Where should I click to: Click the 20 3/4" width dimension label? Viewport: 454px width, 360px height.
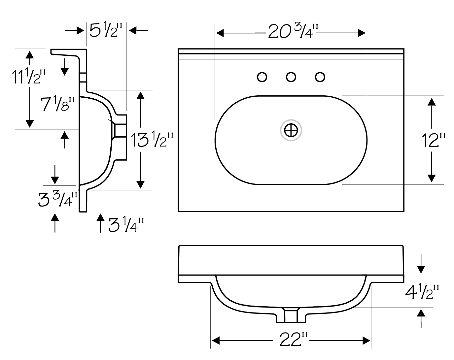click(x=293, y=31)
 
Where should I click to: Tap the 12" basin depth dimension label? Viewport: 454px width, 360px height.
click(x=434, y=140)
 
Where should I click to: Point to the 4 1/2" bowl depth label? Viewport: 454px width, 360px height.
click(x=422, y=292)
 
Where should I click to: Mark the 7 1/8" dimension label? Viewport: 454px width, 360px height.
click(x=58, y=104)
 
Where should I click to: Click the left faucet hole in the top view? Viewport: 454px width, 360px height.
click(x=262, y=77)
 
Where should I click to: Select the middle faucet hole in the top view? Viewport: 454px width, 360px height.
click(x=291, y=77)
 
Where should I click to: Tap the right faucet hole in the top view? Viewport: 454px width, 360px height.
click(x=320, y=77)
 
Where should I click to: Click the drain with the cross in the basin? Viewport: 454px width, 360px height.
click(x=291, y=130)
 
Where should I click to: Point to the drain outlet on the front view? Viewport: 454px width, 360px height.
click(x=291, y=315)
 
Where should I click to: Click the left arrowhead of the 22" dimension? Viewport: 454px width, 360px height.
click(x=216, y=341)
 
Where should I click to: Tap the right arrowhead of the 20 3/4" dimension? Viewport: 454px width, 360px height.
click(x=362, y=33)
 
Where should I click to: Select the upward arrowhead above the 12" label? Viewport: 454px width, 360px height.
click(x=432, y=102)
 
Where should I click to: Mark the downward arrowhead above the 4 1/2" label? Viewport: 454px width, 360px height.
click(x=421, y=270)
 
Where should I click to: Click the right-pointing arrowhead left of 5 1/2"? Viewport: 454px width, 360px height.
click(x=80, y=31)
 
